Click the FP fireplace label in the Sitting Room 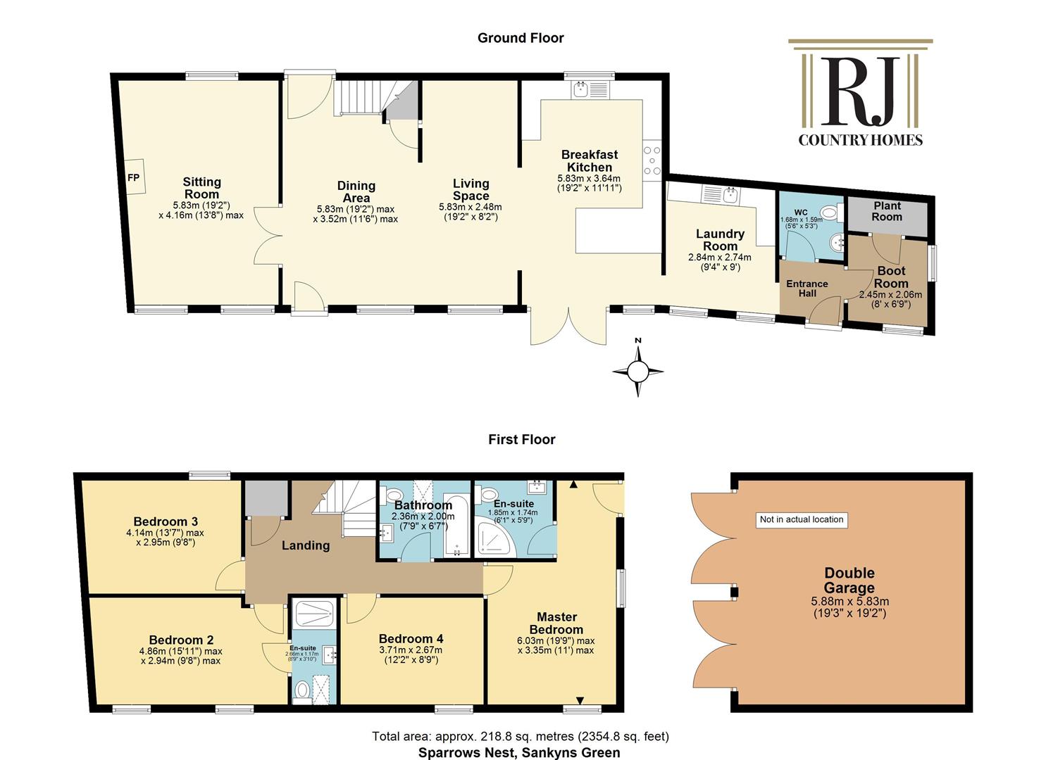[134, 178]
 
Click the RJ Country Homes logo [860, 93]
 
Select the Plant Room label [887, 211]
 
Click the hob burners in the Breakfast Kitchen [652, 160]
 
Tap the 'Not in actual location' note [802, 519]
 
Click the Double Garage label [849, 580]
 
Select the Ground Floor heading [521, 38]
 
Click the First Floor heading [522, 439]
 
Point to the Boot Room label [891, 277]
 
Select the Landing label [306, 545]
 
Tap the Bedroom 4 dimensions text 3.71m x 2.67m [411, 650]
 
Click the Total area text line [521, 736]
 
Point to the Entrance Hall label [807, 289]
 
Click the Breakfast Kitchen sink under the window [590, 90]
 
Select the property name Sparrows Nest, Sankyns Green [519, 752]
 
